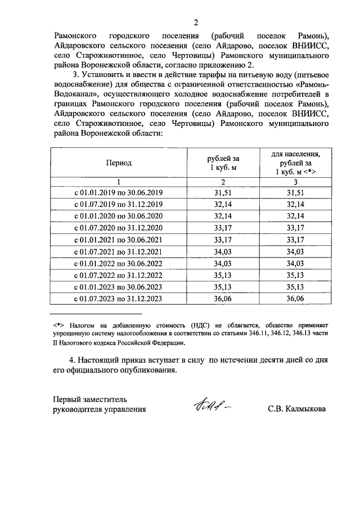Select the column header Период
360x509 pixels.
coord(119,163)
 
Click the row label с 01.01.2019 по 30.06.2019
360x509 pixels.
coord(119,193)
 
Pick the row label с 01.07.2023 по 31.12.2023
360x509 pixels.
coord(119,298)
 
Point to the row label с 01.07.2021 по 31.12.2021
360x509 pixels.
coord(119,251)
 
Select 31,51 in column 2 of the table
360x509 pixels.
coord(223,193)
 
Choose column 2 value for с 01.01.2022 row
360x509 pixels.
coord(223,263)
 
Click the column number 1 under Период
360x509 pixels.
coord(119,182)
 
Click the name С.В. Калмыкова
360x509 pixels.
coord(296,409)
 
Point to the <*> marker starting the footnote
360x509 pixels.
coord(59,325)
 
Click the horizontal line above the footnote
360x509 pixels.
coord(96,314)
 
